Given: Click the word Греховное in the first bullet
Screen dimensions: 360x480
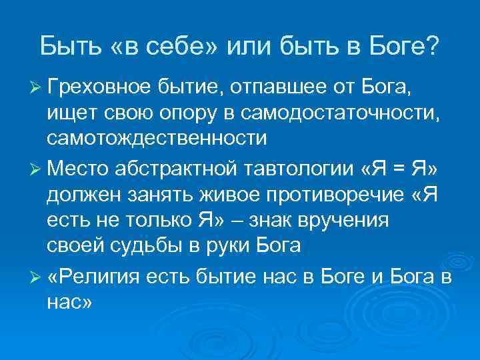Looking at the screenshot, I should tap(99, 86).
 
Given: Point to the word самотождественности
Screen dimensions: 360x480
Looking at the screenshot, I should tap(157, 139).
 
